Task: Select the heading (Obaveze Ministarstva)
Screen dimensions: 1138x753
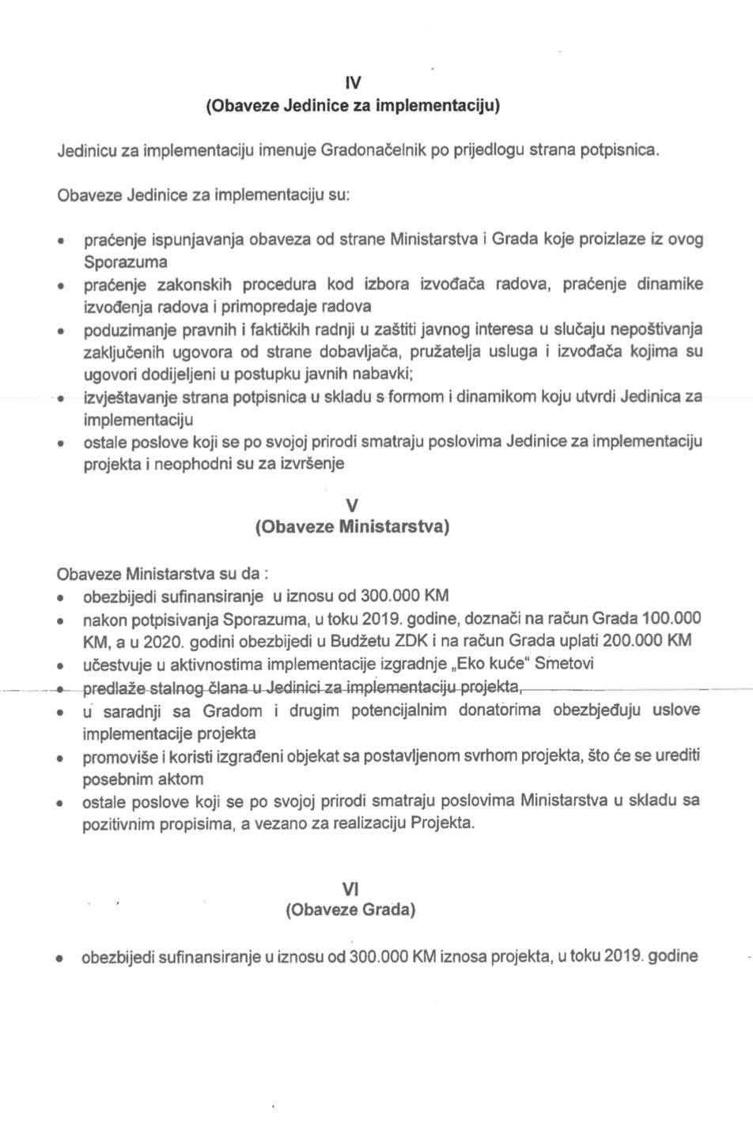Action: [x=353, y=526]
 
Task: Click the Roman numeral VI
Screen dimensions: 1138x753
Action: [x=351, y=889]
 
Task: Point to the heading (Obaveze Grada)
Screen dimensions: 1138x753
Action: [x=351, y=910]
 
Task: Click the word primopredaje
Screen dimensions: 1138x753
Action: [x=271, y=306]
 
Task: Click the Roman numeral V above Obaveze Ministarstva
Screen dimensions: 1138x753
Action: [x=353, y=505]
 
